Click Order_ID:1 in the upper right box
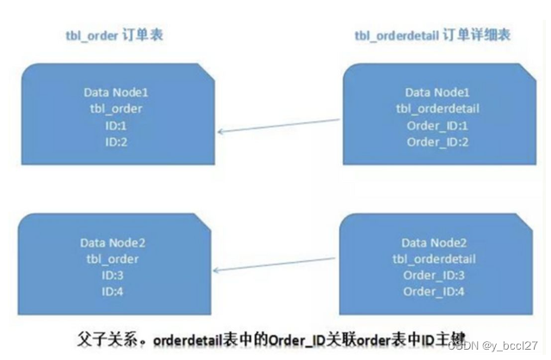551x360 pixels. click(x=436, y=125)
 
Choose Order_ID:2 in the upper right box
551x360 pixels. click(x=436, y=141)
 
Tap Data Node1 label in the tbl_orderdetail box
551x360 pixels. click(x=436, y=92)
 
